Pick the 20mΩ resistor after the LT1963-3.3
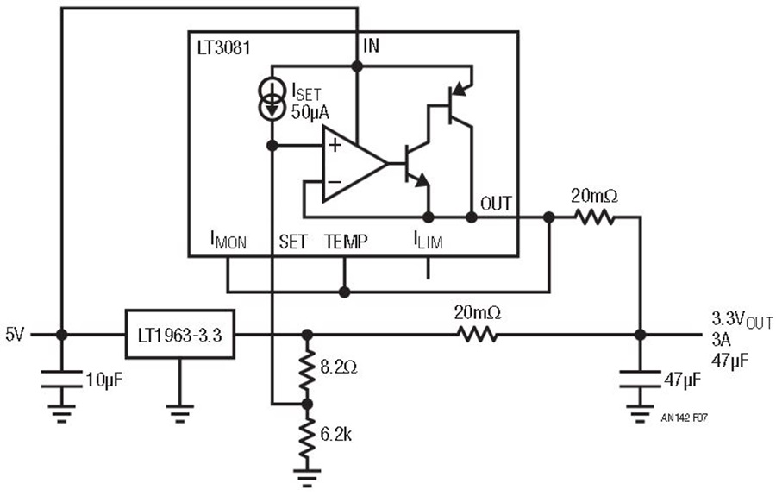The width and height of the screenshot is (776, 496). tap(476, 334)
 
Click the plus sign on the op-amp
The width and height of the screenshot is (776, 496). tap(332, 145)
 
